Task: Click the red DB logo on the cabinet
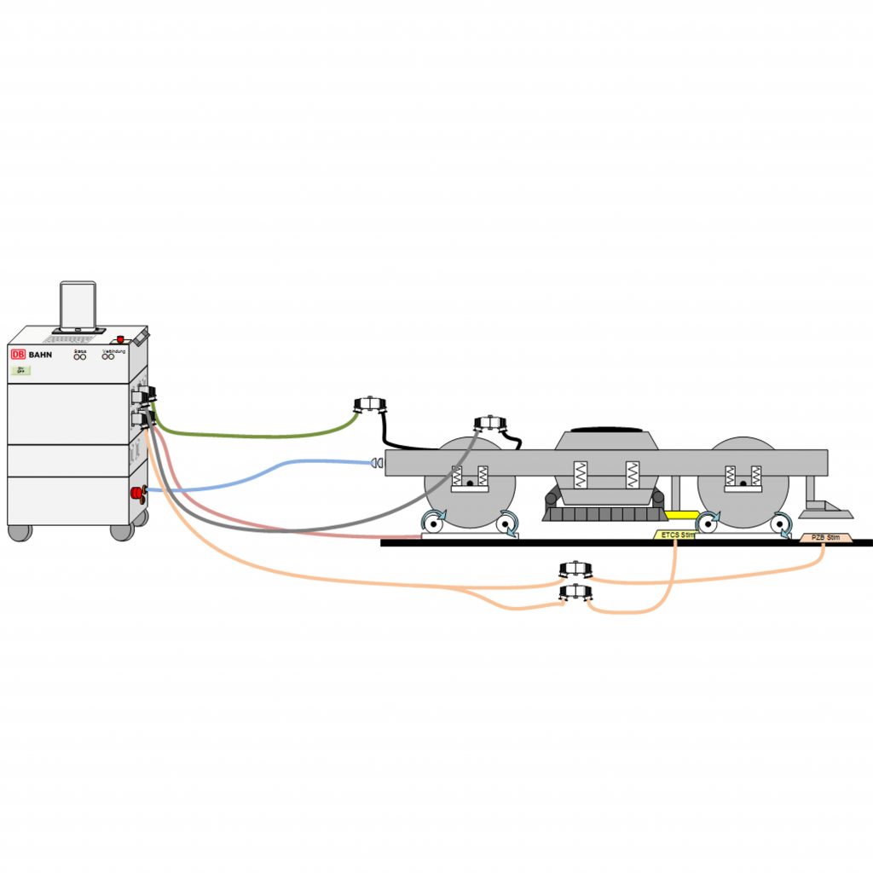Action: coord(18,353)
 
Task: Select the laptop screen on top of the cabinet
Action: coord(78,305)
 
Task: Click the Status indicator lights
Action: coord(80,356)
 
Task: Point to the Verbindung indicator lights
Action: coord(108,356)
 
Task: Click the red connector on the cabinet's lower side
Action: coord(136,492)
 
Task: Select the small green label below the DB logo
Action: coord(20,371)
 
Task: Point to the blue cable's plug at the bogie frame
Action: coord(375,463)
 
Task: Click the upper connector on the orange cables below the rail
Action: coord(575,570)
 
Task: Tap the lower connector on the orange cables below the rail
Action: coord(575,593)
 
